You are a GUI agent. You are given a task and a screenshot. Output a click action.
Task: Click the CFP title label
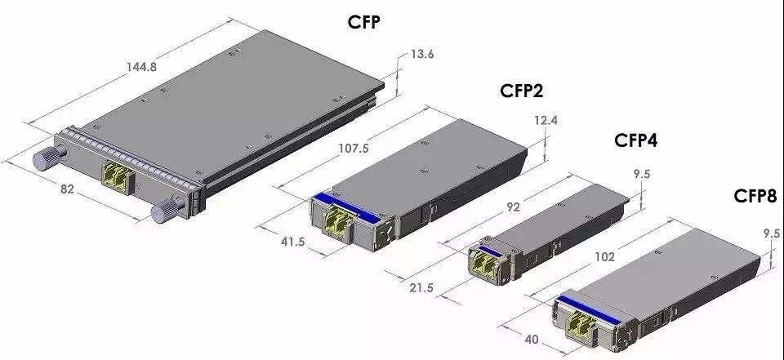363,23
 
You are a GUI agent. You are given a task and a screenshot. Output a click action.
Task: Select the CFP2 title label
521,91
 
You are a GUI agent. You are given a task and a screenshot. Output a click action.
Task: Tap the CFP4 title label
635,140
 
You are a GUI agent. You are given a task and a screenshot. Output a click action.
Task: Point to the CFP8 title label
755,196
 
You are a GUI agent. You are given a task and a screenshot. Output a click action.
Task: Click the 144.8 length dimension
141,66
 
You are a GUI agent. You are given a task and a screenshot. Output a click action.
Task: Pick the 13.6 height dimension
422,54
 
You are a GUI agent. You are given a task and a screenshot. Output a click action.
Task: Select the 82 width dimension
68,189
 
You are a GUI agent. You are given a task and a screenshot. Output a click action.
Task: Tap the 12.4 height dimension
546,121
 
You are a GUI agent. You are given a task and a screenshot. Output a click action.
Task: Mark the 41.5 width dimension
292,242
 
